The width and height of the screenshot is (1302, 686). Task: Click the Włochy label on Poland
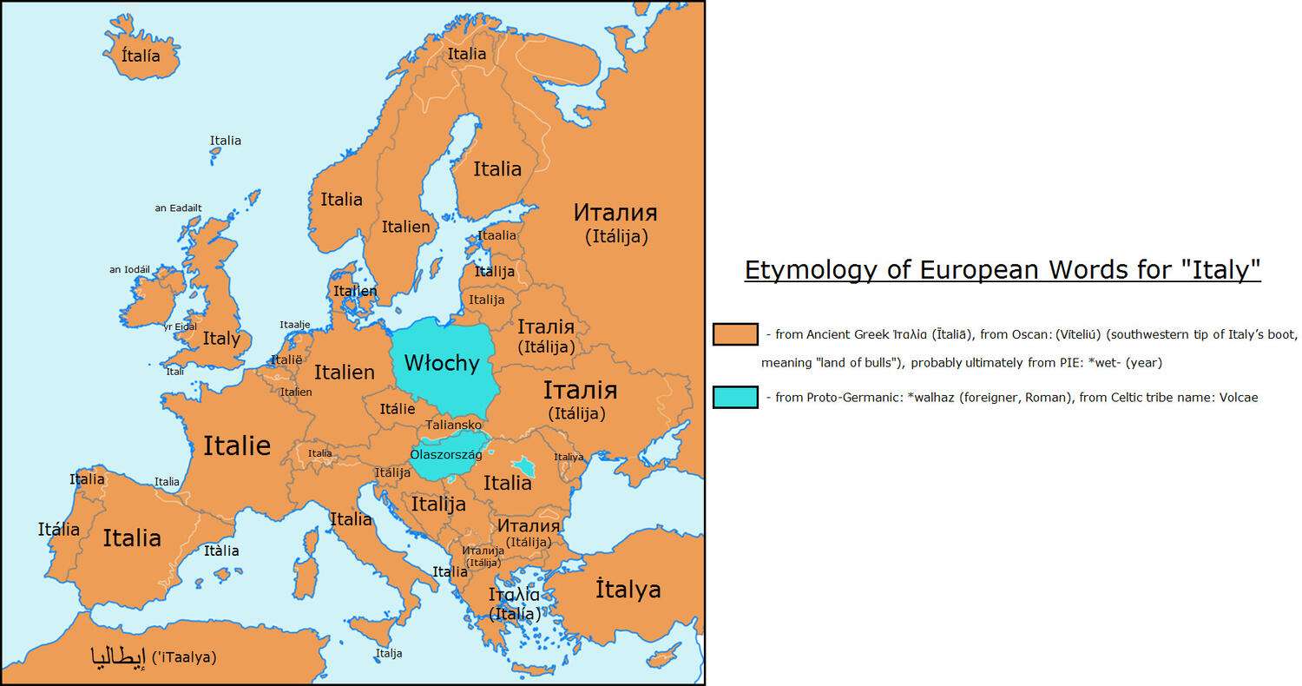(x=442, y=363)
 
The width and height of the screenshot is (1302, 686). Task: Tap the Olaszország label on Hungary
(x=445, y=454)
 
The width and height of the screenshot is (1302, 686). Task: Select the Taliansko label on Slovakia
(x=453, y=425)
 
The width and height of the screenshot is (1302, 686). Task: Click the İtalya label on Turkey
(x=628, y=590)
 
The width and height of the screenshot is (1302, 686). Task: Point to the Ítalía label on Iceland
(x=141, y=56)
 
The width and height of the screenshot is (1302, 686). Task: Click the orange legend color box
(x=734, y=334)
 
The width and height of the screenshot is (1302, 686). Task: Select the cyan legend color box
(x=734, y=397)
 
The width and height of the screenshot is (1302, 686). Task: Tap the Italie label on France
(x=237, y=446)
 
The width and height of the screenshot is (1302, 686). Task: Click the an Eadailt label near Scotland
(x=178, y=208)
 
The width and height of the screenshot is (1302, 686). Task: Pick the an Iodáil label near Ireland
(x=129, y=269)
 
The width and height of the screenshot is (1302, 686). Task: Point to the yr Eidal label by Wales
(x=180, y=327)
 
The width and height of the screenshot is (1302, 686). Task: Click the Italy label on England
(x=220, y=339)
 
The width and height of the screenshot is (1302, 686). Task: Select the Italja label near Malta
(x=389, y=653)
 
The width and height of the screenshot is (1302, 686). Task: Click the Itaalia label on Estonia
(x=496, y=235)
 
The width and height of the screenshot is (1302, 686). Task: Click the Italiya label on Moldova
(x=569, y=457)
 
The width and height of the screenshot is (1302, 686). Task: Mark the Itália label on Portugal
(x=59, y=529)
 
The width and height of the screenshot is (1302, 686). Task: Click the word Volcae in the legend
(x=1234, y=398)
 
